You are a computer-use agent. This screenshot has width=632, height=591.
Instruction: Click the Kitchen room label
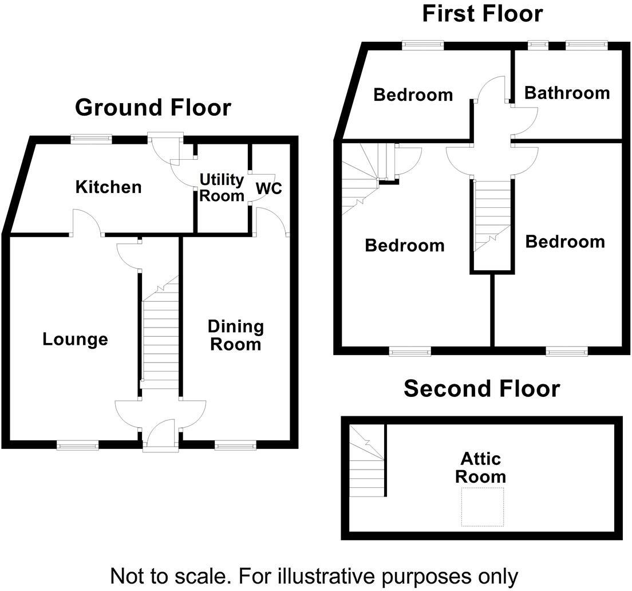tap(109, 187)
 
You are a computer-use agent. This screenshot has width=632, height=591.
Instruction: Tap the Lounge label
tap(75, 339)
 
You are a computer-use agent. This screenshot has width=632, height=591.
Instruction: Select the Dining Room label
tap(235, 335)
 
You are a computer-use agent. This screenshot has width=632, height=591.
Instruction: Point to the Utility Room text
tap(222, 187)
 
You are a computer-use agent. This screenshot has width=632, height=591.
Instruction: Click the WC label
tap(268, 188)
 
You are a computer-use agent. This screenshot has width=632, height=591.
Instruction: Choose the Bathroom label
tap(567, 93)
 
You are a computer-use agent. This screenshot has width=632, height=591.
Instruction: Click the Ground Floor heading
tap(153, 107)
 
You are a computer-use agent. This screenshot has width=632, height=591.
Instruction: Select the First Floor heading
tap(482, 13)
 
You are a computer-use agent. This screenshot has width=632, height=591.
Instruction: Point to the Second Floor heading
tap(481, 388)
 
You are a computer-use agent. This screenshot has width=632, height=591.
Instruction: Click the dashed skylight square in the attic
tap(483, 507)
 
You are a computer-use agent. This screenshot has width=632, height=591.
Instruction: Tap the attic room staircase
tap(366, 462)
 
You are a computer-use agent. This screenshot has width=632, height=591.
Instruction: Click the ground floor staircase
tap(160, 338)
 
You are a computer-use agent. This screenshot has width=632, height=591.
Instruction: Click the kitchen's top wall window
tap(91, 138)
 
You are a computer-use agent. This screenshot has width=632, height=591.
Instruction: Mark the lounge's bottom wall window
tap(77, 444)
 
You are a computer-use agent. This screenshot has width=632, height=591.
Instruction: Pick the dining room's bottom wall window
tap(236, 444)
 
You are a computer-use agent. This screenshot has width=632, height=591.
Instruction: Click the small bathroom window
tap(537, 45)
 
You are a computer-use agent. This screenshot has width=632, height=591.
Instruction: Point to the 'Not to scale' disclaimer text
tap(314, 574)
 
